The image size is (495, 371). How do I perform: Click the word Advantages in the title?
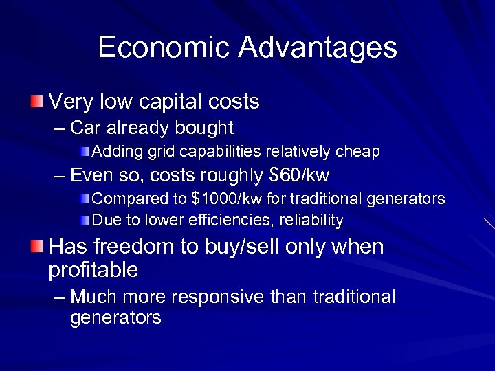point(318,47)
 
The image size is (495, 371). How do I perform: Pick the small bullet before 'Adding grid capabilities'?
point(84,150)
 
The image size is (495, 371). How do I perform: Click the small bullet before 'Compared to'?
point(84,199)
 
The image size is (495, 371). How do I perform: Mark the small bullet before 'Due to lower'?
point(84,221)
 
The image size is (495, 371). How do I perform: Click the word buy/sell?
point(241,246)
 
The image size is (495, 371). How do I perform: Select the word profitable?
point(93,270)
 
